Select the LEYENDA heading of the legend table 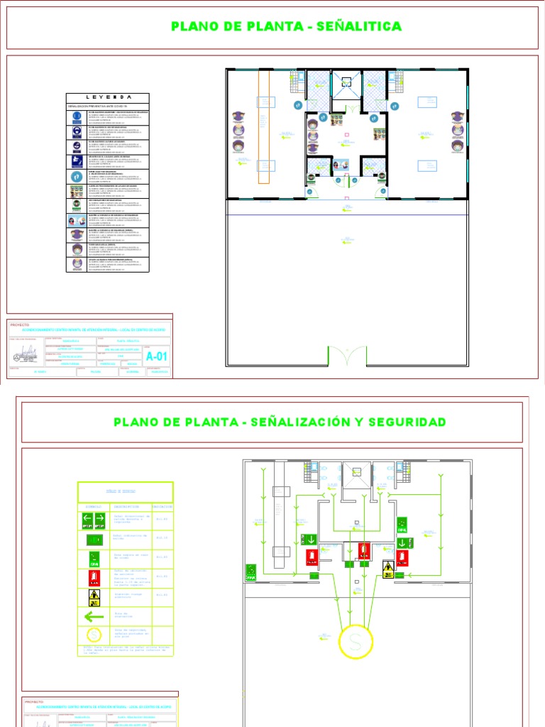[109, 97]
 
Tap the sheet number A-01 [157, 356]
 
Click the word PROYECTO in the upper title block [21, 324]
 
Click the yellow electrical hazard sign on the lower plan [388, 569]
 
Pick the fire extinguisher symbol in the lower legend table [94, 577]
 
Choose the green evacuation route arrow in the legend [94, 616]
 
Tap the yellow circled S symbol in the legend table [94, 634]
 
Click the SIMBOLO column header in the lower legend [94, 507]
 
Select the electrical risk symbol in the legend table [94, 596]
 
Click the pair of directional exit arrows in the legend [94, 520]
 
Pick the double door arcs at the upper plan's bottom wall [348, 355]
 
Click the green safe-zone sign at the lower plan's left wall [251, 571]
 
